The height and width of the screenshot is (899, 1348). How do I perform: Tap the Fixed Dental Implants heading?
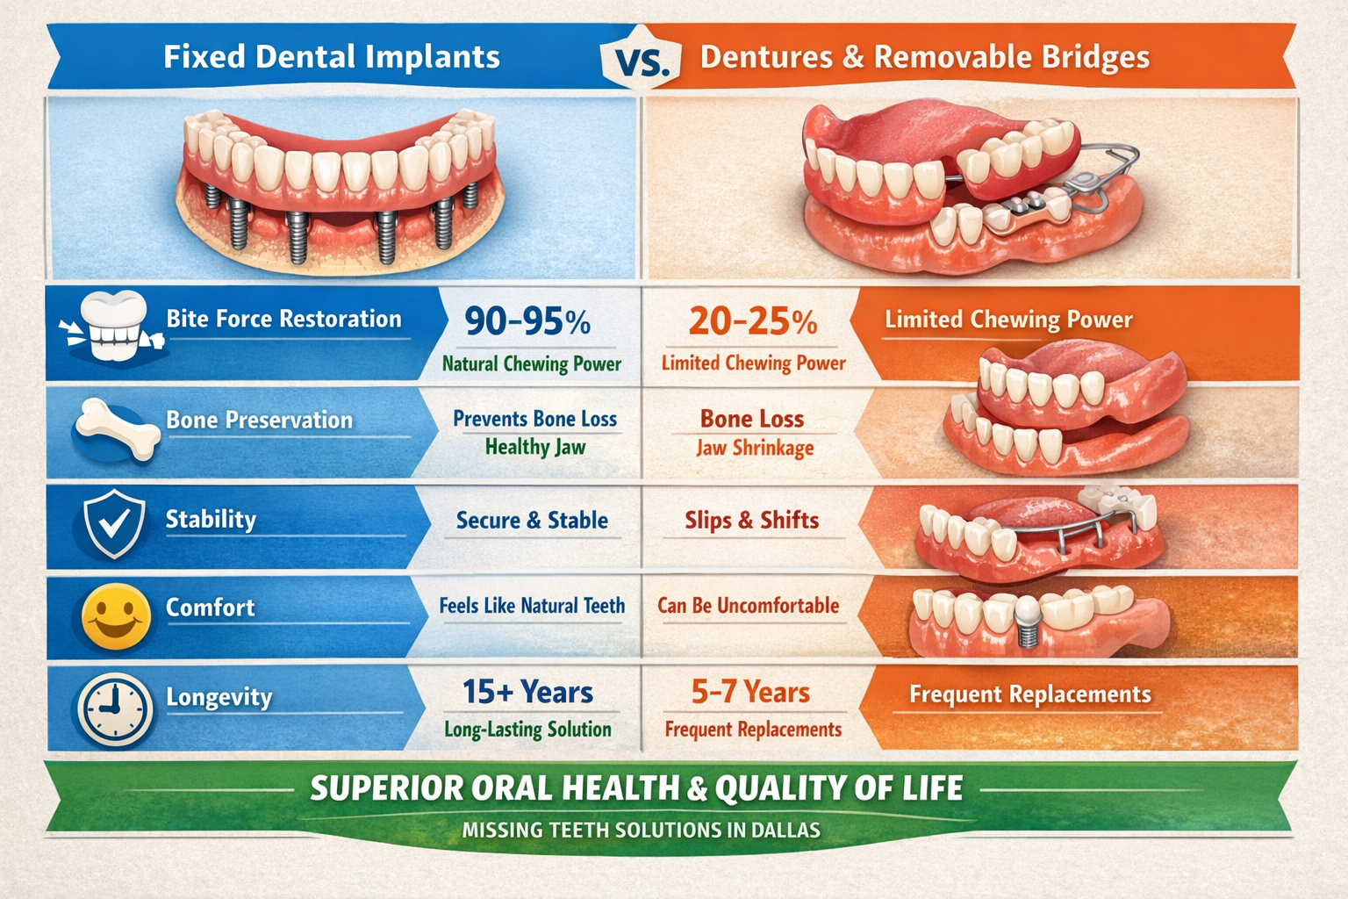tap(332, 57)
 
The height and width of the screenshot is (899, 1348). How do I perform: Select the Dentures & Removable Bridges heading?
tap(925, 57)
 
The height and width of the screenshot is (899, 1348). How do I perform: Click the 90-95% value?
tap(527, 321)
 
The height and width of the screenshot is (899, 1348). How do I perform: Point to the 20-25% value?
tap(753, 321)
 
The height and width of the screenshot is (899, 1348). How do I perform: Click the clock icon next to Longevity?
tap(115, 708)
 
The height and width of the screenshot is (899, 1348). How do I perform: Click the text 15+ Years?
tap(528, 693)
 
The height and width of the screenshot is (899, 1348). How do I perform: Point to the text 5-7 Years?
tap(750, 693)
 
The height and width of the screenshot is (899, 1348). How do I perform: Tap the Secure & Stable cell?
tap(532, 521)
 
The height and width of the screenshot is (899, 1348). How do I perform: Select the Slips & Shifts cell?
tap(751, 521)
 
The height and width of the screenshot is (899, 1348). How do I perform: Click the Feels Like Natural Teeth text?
tap(532, 606)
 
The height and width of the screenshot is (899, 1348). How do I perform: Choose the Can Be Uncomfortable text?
tap(749, 606)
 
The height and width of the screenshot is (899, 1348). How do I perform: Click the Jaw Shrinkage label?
tap(755, 448)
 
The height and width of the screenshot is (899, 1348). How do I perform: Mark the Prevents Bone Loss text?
tap(534, 419)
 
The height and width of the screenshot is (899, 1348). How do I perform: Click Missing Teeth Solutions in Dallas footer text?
tap(642, 830)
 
